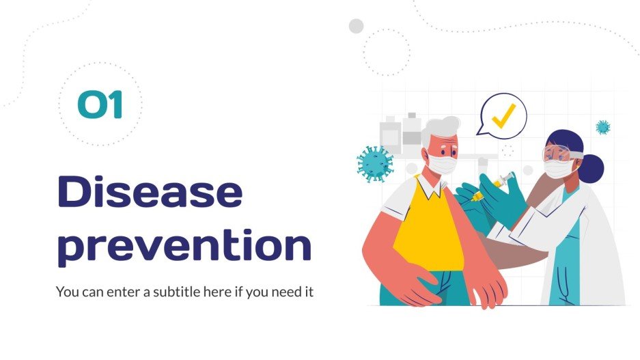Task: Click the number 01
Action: point(100,106)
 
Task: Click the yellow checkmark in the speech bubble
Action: point(503,117)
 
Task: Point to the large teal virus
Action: point(376,164)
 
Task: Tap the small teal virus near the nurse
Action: point(602,127)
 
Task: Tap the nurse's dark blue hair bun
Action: point(592,168)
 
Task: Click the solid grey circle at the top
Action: point(356,26)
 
